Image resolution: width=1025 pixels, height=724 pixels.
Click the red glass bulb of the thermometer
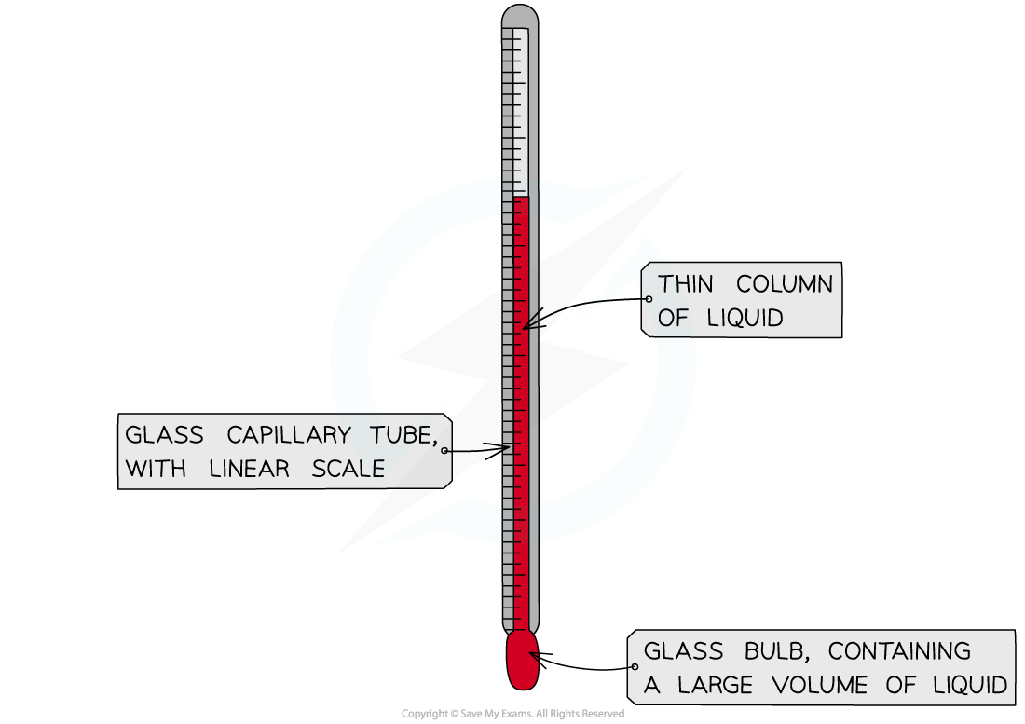coord(523,660)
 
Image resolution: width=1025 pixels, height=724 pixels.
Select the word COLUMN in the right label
coord(785,284)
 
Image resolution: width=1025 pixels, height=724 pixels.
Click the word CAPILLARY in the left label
coord(288,434)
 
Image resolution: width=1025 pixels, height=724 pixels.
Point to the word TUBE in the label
coord(403,435)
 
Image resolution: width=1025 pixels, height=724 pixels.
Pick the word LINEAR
coord(249,469)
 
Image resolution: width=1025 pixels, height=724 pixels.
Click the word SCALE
coord(348,469)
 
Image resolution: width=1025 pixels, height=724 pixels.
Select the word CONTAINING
coord(899,650)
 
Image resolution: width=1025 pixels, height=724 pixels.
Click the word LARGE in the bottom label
coord(715,685)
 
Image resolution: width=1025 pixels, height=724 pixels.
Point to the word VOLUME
coord(819,685)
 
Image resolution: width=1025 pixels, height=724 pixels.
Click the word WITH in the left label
coord(156,469)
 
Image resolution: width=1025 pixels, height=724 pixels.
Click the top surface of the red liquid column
coord(520,197)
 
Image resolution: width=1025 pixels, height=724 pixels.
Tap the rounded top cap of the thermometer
coord(520,14)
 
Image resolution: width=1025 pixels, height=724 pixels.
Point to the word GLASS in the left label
coord(164,434)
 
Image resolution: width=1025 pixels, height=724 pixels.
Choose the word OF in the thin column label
coord(673,319)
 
